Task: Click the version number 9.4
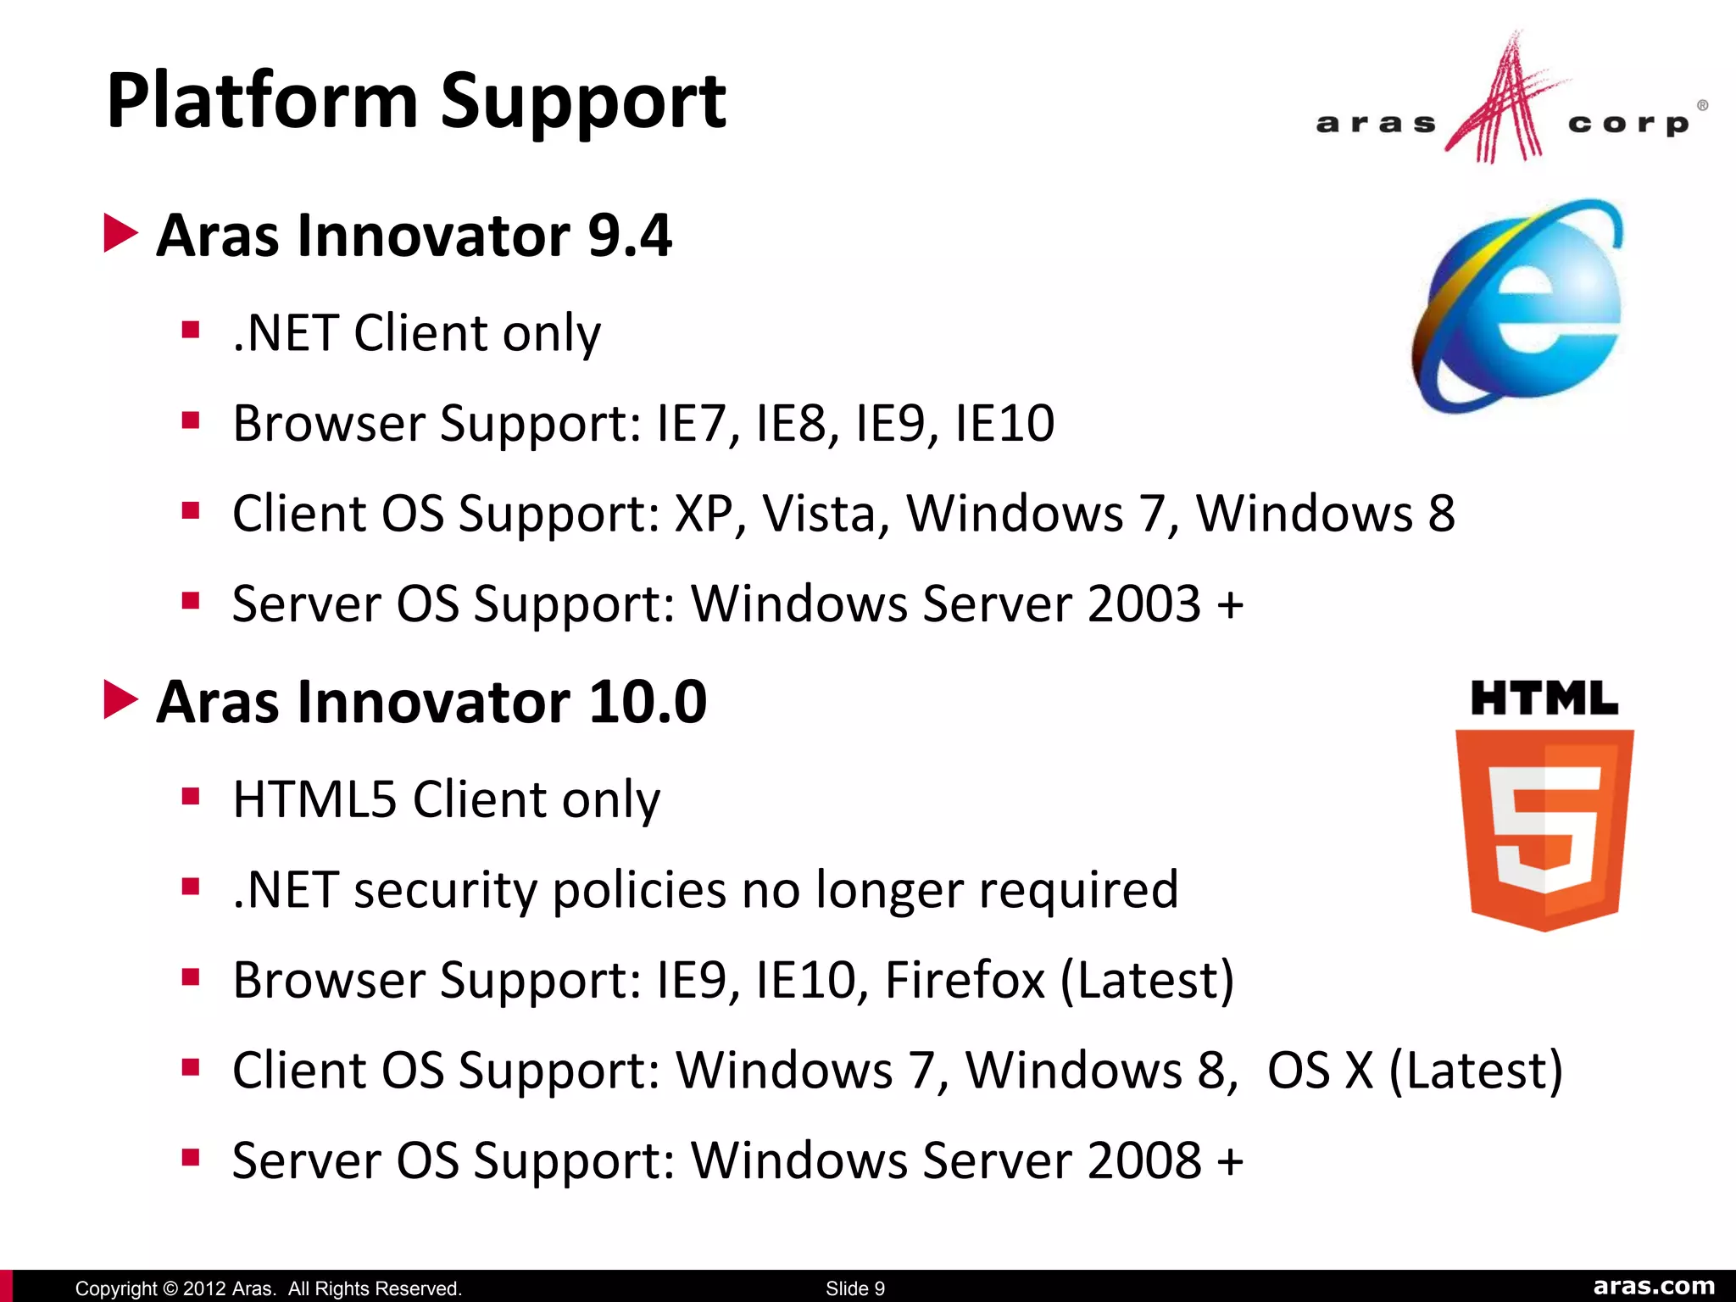(629, 236)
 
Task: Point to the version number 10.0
(648, 703)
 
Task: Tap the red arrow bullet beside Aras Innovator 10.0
(120, 700)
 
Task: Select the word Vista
(826, 514)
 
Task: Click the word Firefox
(965, 981)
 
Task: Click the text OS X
(1320, 1071)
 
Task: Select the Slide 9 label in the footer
(855, 1288)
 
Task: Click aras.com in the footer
(1654, 1287)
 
